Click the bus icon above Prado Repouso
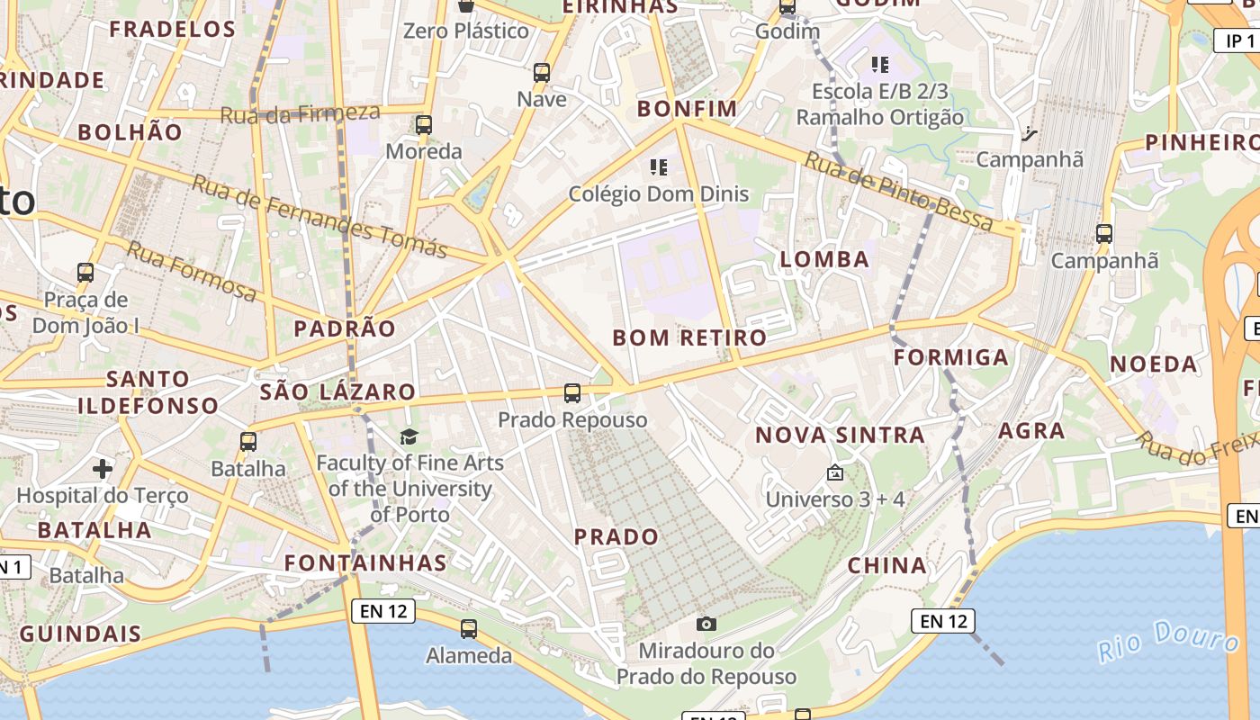tap(572, 393)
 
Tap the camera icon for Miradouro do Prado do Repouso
tap(706, 624)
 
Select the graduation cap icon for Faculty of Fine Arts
tap(409, 436)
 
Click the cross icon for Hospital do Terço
tap(103, 468)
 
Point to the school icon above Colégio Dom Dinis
tap(659, 166)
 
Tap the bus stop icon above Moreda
tap(424, 125)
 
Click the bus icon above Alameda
tap(469, 629)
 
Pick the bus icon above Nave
tap(542, 73)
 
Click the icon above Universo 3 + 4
tap(834, 472)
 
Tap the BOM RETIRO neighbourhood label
tap(689, 338)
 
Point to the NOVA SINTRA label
tap(840, 436)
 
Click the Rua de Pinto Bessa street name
tap(899, 192)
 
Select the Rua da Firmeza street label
tap(300, 113)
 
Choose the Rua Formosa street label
tap(192, 271)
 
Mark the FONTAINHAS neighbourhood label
tap(365, 563)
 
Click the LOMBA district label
tap(824, 260)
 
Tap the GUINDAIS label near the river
tap(81, 634)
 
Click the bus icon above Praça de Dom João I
tap(85, 272)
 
